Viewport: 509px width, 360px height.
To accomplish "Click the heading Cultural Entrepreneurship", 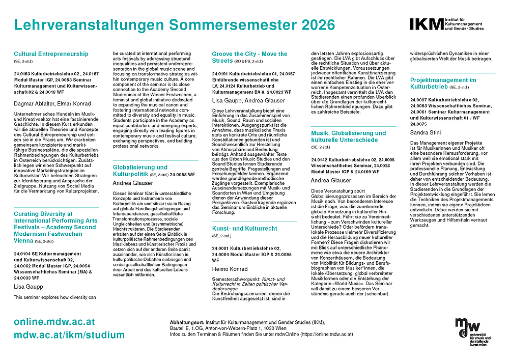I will tap(51, 54).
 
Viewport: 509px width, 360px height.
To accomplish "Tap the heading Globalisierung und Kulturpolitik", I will tap(140, 171).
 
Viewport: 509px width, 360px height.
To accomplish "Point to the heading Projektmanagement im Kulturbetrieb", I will tap(443, 84).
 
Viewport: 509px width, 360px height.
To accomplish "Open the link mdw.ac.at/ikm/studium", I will tap(69, 335).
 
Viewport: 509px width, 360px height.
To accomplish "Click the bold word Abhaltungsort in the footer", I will tap(187, 323).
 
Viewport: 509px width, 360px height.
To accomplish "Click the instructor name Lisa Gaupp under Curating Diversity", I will tap(29, 287).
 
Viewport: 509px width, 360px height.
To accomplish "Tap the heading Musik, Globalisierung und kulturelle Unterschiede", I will tap(348, 136).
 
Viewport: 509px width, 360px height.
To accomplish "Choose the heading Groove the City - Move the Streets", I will tap(249, 57).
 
